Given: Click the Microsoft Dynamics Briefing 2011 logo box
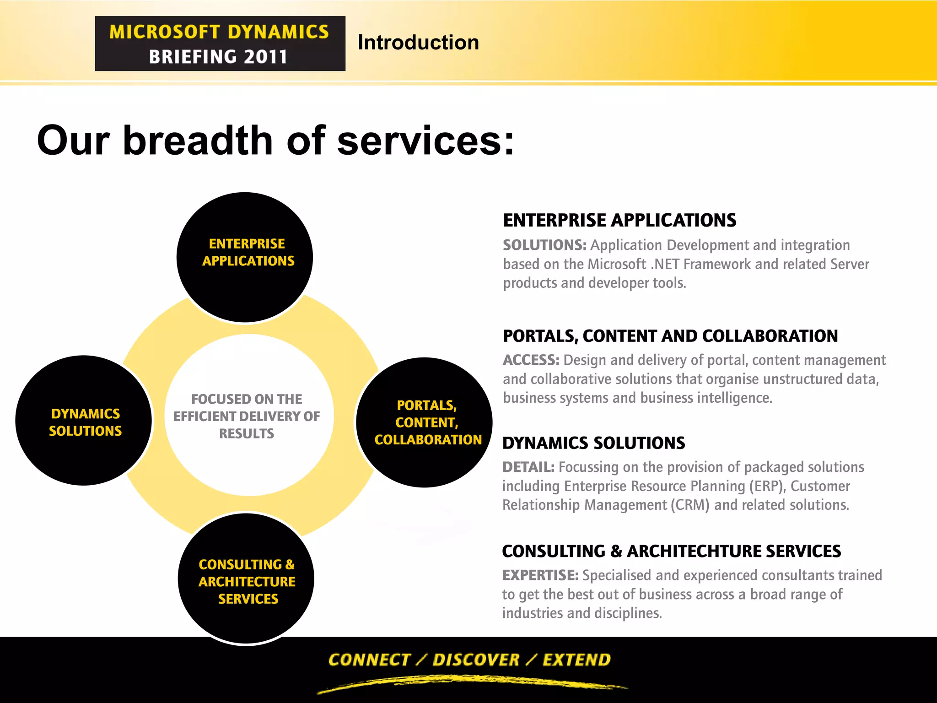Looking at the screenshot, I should (220, 43).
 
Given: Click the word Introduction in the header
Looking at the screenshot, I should (418, 43).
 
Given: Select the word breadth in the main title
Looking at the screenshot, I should (197, 141).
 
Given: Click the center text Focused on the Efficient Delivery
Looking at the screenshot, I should (247, 416).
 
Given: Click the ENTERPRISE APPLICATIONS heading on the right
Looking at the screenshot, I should (619, 221).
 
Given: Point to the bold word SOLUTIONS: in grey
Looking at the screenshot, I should (544, 245).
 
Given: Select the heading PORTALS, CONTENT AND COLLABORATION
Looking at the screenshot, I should (670, 336).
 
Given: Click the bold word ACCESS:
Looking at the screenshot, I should (531, 360).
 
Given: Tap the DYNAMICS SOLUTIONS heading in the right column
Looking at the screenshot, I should (593, 443).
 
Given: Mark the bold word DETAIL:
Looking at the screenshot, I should (528, 467).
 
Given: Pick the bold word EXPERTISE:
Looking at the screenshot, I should (540, 575).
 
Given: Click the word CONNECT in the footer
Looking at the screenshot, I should (369, 660).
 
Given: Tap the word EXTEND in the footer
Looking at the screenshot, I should (576, 660).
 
